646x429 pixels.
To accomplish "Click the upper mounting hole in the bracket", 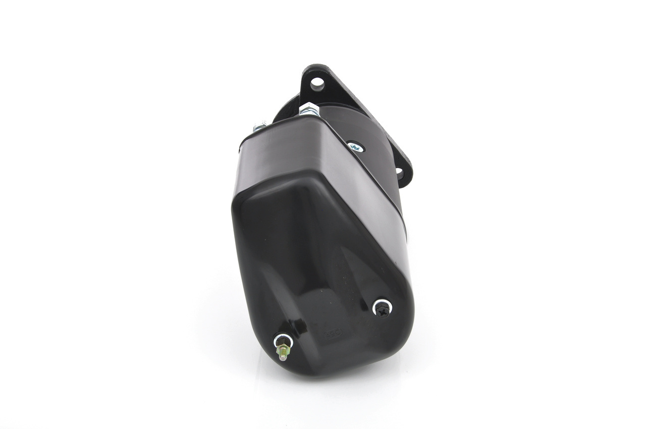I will point(316,82).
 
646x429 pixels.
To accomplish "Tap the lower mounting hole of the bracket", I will point(400,173).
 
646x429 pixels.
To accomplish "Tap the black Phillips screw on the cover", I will point(382,307).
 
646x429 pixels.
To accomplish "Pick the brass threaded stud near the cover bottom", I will point(283,348).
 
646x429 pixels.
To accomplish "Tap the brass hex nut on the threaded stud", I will point(283,347).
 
